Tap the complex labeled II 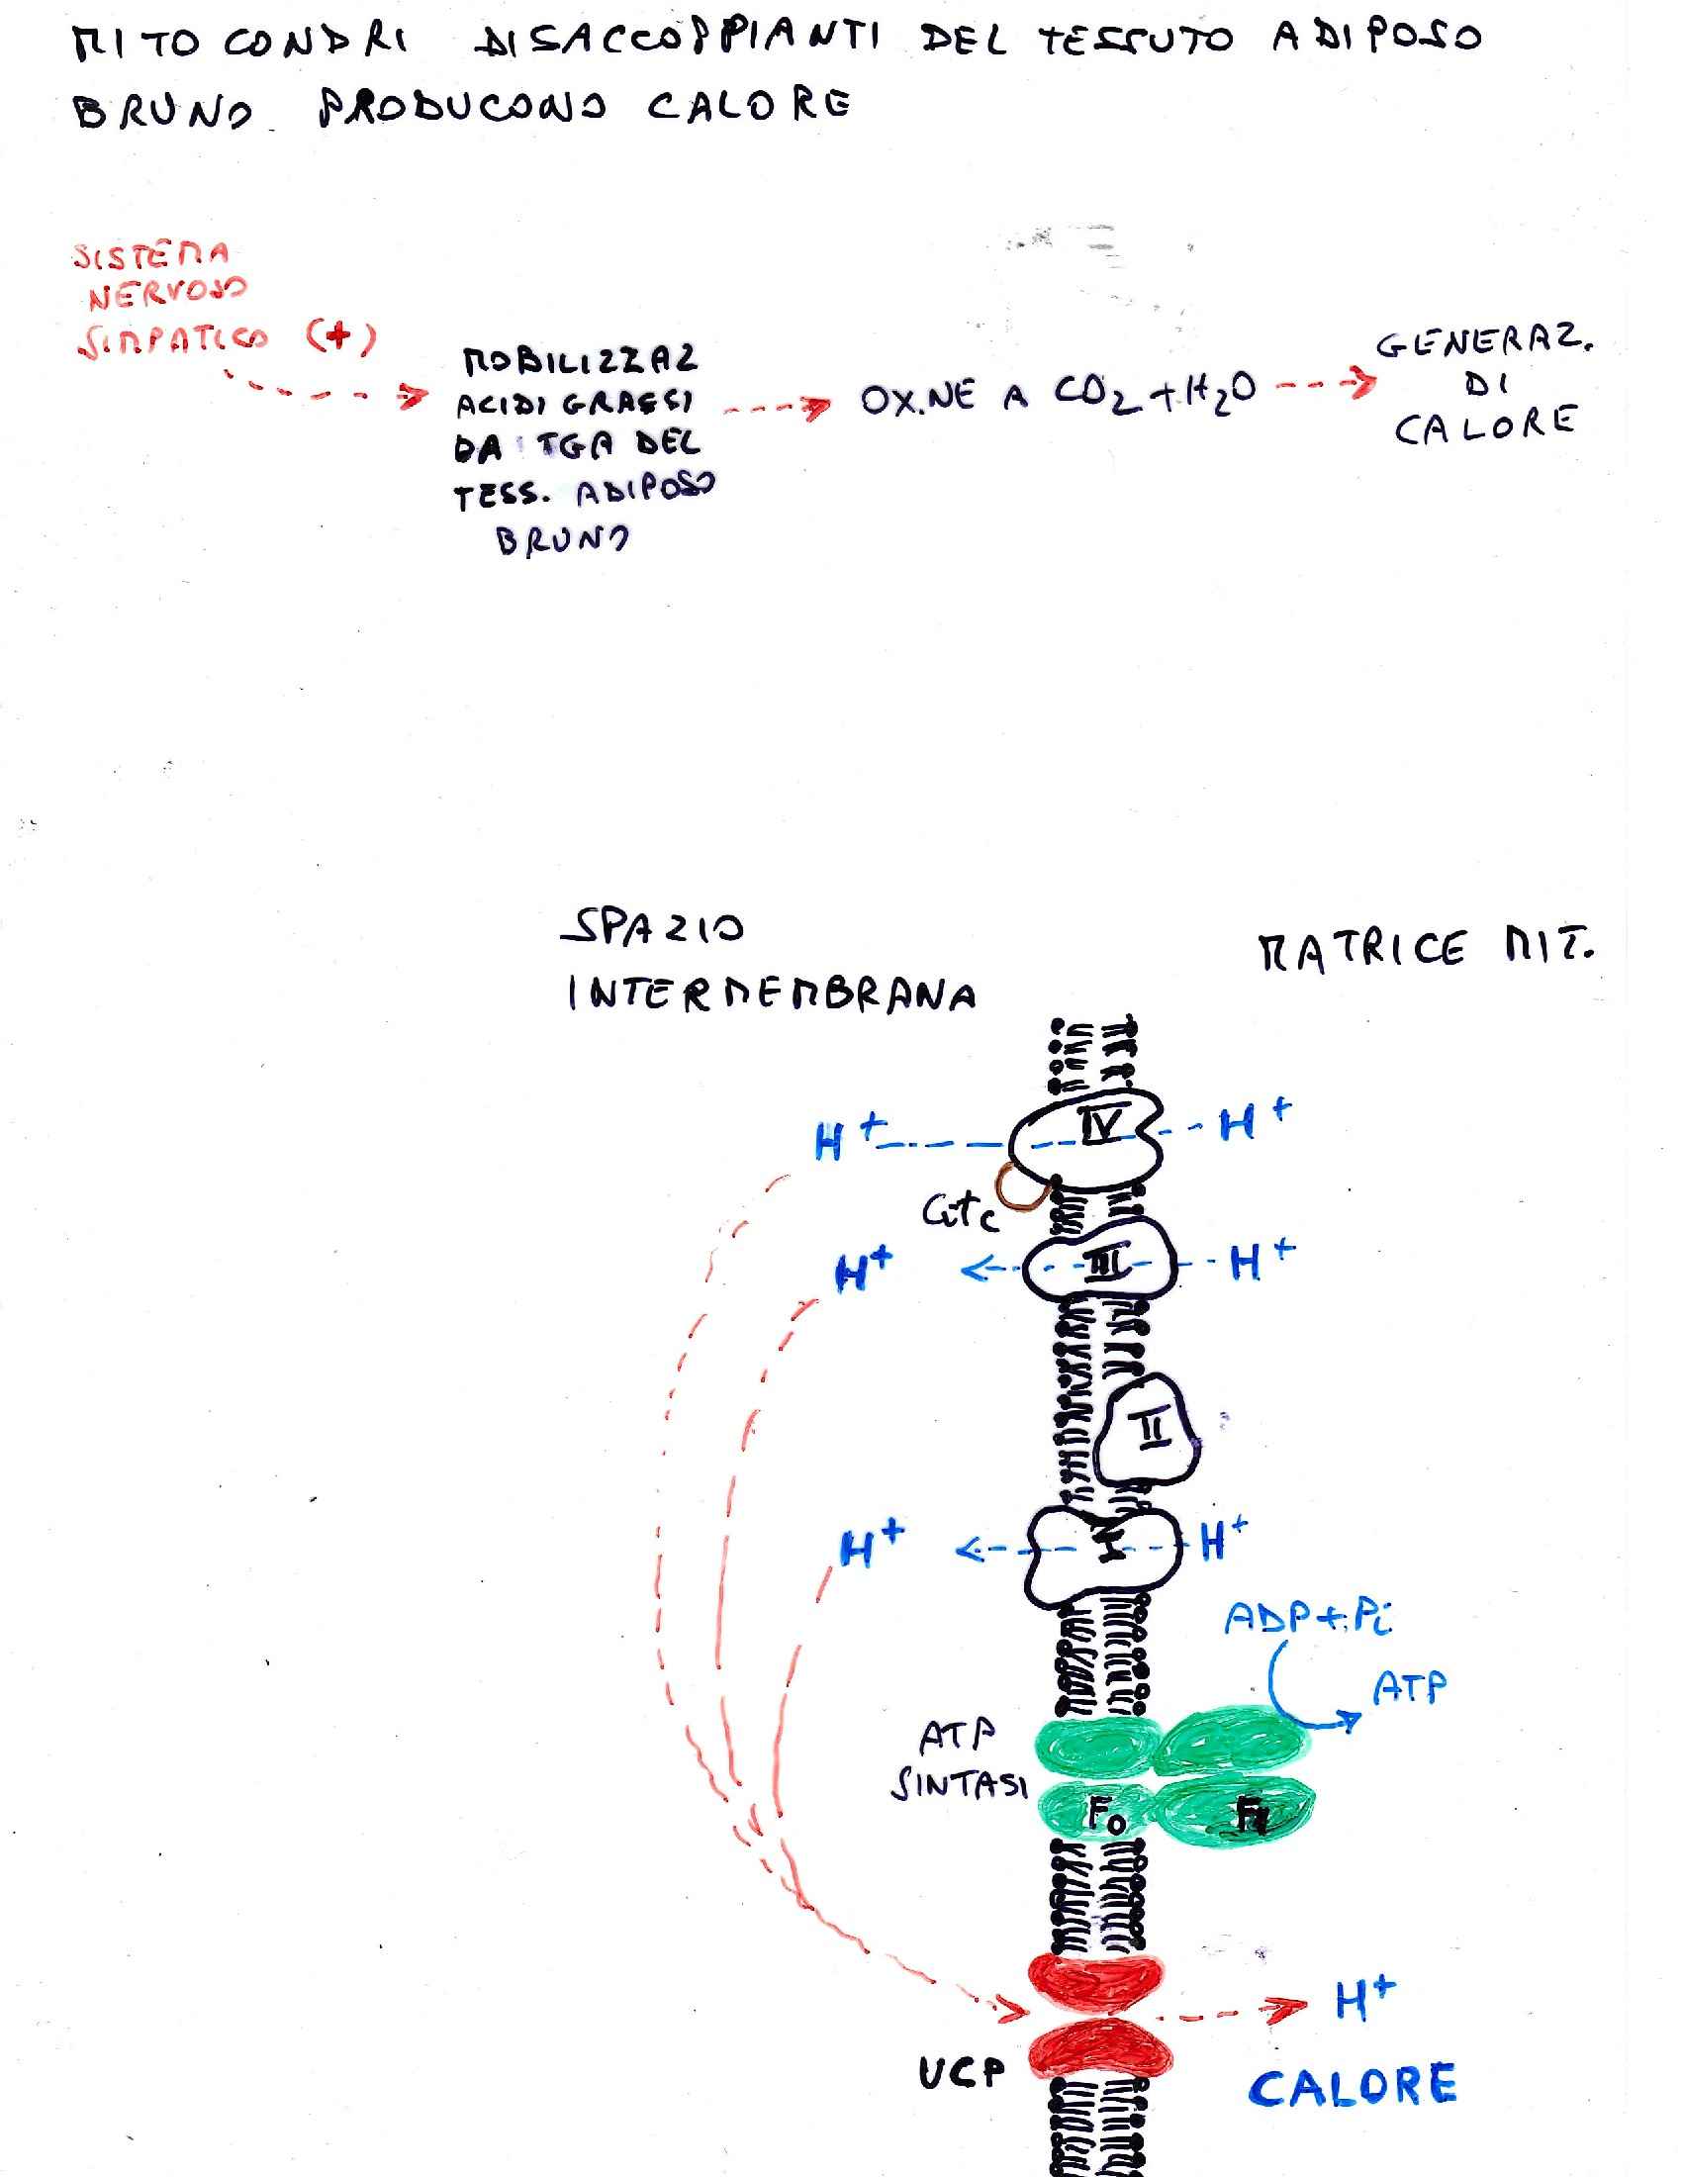click(1149, 1432)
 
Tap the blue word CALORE click(1353, 2086)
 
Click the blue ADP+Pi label click(1307, 1616)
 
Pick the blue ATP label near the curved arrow click(1409, 1686)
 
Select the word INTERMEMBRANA click(770, 994)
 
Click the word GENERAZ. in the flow click(1484, 344)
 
